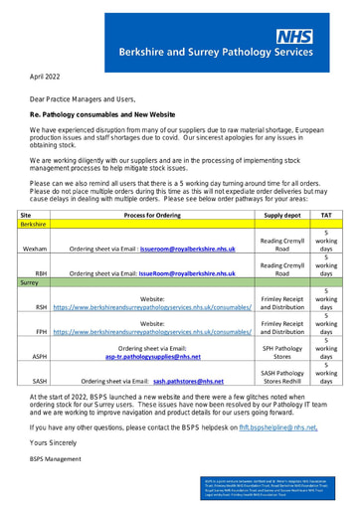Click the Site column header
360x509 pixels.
pos(26,215)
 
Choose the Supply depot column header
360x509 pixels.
pos(281,215)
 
